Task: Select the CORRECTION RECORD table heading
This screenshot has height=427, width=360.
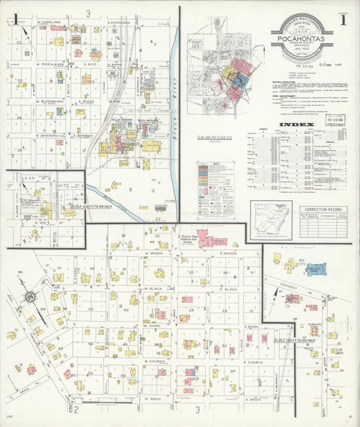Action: pos(323,210)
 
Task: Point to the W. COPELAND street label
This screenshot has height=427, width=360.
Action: pos(49,22)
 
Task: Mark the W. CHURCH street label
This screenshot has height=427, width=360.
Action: pos(155,361)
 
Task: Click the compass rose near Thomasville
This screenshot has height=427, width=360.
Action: pos(31,297)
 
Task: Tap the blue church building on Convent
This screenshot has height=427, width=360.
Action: pos(315,270)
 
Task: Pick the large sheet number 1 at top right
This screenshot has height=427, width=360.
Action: pos(343,20)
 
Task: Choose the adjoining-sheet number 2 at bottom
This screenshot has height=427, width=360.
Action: pos(76,409)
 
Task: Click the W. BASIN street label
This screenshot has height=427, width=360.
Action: pos(155,399)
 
